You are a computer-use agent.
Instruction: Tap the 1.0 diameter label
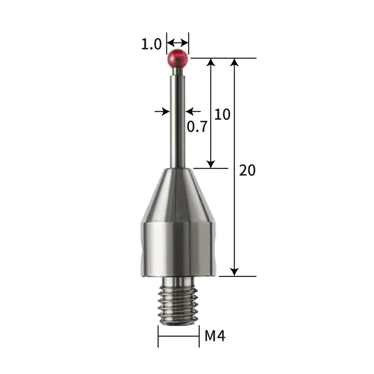pyautogui.click(x=151, y=44)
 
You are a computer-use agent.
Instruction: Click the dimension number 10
pyautogui.click(x=222, y=114)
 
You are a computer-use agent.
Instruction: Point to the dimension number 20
pyautogui.click(x=247, y=170)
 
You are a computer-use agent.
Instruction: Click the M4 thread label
pyautogui.click(x=215, y=336)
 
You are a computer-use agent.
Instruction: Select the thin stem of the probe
pyautogui.click(x=178, y=117)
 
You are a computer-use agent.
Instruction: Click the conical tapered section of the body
pyautogui.click(x=178, y=192)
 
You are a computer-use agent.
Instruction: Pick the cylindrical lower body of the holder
pyautogui.click(x=178, y=248)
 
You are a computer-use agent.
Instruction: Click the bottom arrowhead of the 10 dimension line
pyautogui.click(x=211, y=164)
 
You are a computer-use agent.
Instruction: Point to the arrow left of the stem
pyautogui.click(x=163, y=111)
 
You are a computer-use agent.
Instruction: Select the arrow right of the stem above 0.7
pyautogui.click(x=192, y=111)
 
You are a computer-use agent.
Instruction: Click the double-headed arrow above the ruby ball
pyautogui.click(x=178, y=41)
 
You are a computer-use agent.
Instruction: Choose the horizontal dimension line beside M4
pyautogui.click(x=178, y=336)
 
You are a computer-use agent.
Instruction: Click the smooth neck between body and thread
pyautogui.click(x=178, y=281)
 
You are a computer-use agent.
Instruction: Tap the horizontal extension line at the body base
pyautogui.click(x=238, y=276)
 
